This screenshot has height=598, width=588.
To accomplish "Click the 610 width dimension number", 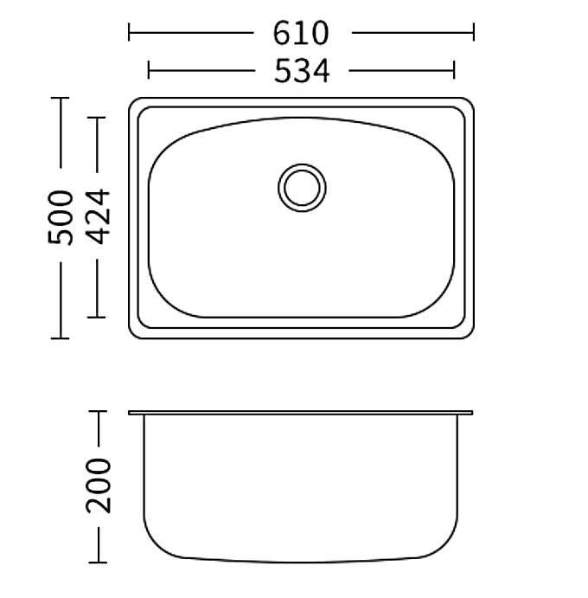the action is (x=300, y=33).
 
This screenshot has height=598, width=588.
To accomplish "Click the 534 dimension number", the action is (x=302, y=71).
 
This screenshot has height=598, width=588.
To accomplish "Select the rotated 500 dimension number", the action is (x=61, y=217).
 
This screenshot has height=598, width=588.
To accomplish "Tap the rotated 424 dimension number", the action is (x=97, y=216).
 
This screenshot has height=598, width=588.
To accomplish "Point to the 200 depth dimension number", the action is (x=99, y=485).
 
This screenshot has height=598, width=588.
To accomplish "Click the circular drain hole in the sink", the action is (x=302, y=188).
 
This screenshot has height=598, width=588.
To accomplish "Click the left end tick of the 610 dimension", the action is (x=129, y=32).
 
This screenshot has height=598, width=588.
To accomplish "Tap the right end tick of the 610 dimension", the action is (x=474, y=32).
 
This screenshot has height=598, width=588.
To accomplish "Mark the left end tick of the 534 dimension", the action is (x=149, y=70).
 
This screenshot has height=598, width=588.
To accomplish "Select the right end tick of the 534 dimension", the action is (x=454, y=70).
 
